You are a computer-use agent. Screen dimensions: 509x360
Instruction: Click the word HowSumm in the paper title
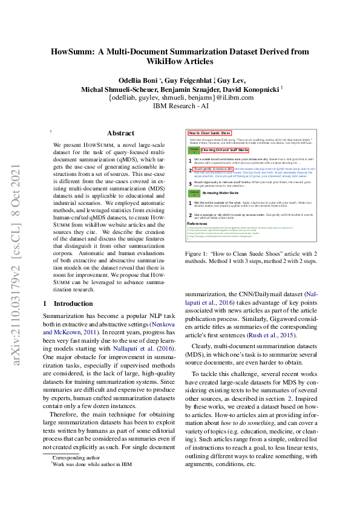click(76, 51)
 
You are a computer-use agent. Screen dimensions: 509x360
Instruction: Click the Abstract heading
click(120, 133)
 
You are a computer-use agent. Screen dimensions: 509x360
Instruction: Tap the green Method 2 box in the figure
click(194, 193)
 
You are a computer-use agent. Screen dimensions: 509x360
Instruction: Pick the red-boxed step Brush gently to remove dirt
click(209, 169)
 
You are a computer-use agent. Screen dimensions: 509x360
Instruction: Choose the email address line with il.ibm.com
click(180, 97)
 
